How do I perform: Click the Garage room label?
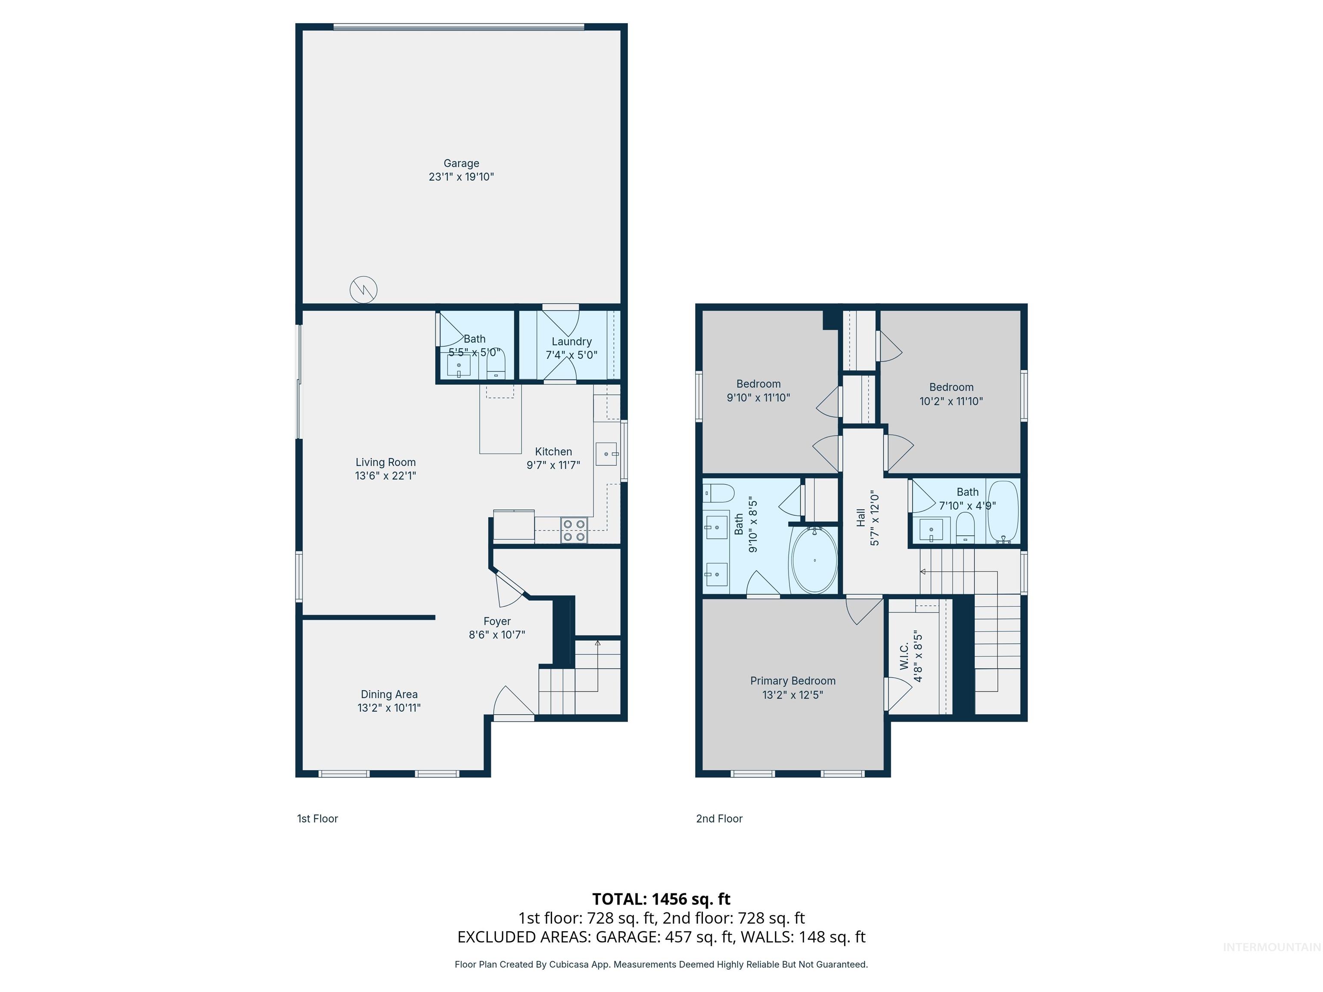[x=461, y=163]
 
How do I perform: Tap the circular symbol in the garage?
[x=363, y=289]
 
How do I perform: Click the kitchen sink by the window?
[x=606, y=454]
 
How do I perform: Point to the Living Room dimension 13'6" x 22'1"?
[x=385, y=476]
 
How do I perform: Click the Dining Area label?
[x=389, y=694]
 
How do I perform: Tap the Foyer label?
[x=497, y=621]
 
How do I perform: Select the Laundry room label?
[x=571, y=341]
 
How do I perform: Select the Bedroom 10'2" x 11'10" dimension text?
[x=951, y=401]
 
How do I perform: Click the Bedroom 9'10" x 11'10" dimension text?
[x=758, y=398]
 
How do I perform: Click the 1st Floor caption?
[x=317, y=818]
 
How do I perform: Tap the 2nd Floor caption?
[x=719, y=818]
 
